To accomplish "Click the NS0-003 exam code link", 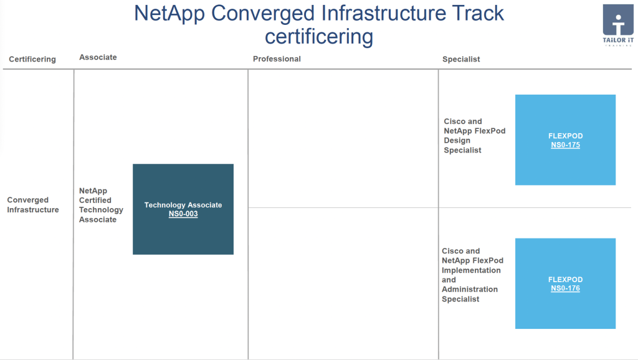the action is pos(183,214).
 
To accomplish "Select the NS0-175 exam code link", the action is pos(565,145).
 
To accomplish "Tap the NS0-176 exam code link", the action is pos(565,288).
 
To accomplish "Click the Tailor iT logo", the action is pos(618,24).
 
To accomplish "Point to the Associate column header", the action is pos(98,57).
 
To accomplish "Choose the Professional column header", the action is pos(277,59).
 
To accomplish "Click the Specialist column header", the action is pos(461,59).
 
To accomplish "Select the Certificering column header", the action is pos(32,59).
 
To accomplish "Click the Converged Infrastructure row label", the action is pos(33,205).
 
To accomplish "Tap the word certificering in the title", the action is pos(319,37).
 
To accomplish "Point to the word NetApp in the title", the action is pos(169,14).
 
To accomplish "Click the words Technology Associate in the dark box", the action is pos(183,205).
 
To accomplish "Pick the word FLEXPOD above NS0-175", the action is pos(565,136).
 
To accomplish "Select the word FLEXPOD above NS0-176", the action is pos(565,280).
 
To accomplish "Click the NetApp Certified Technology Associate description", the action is pos(101,205).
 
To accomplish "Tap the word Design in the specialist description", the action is pos(457,140).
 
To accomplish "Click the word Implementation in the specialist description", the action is pos(471,270).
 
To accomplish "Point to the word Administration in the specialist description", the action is pos(470,289).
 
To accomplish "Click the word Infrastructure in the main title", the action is pos(384,13).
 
